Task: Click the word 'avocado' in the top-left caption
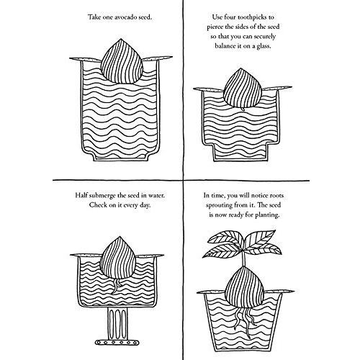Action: pos(120,17)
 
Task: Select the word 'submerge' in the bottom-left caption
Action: pos(102,195)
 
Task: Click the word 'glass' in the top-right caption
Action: pos(263,46)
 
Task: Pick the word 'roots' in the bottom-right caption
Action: pos(276,196)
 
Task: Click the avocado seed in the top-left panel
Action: pos(122,62)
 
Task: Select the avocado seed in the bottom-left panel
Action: pos(118,258)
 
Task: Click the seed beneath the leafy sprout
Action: pos(245,288)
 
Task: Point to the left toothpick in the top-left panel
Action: pos(86,59)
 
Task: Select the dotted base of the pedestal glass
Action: pos(117,342)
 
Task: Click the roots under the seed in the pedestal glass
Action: pos(117,286)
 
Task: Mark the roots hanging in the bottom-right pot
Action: pos(243,319)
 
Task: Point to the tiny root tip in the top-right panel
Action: pos(243,109)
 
